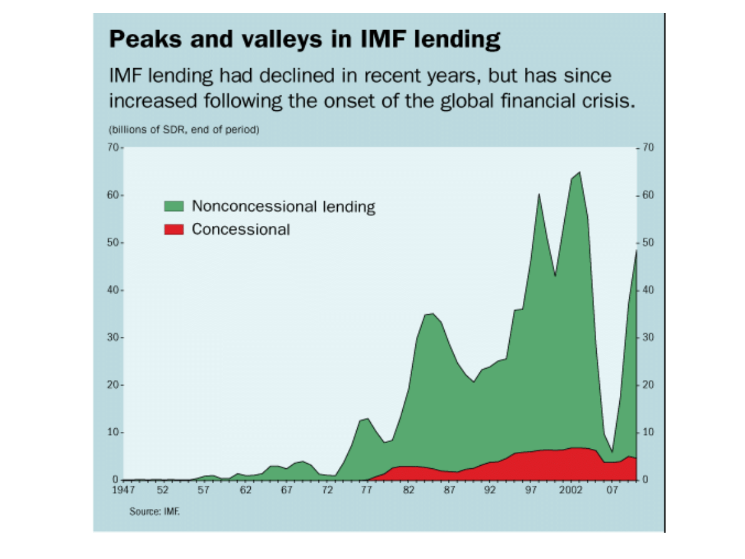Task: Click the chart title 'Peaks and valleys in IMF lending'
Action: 305,40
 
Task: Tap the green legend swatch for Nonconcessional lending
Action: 173,206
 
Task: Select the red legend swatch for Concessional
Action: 173,229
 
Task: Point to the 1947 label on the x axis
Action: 123,491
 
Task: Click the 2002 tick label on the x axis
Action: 571,491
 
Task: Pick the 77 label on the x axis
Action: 367,491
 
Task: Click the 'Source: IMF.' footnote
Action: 154,512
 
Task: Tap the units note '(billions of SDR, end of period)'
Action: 184,130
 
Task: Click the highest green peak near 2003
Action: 579,173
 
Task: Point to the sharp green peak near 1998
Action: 539,195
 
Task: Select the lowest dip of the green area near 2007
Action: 612,451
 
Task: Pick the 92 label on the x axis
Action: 490,491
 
